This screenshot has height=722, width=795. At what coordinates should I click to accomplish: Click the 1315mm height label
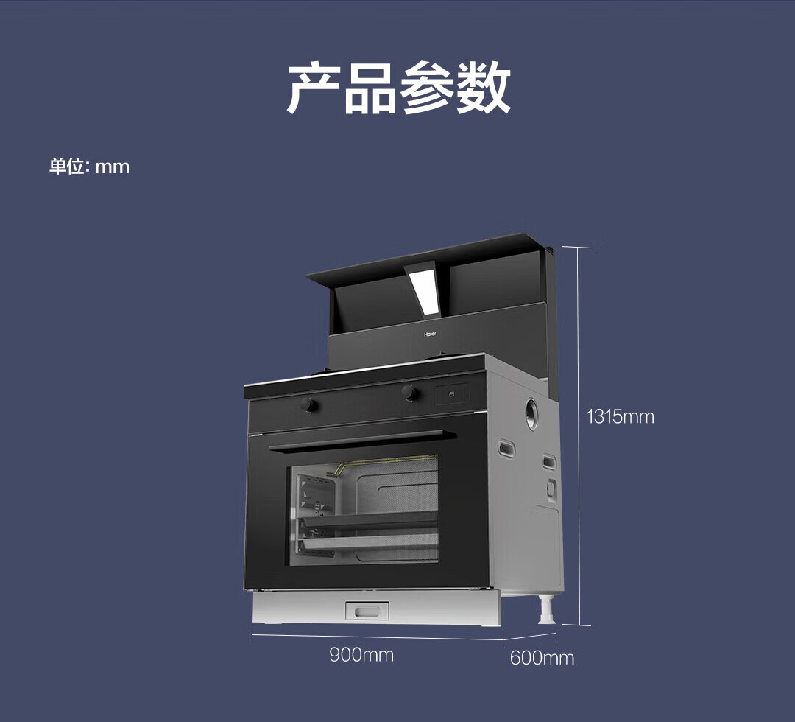click(619, 417)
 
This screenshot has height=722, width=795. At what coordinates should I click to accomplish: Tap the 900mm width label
click(361, 654)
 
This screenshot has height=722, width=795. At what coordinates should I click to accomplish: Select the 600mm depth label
click(542, 658)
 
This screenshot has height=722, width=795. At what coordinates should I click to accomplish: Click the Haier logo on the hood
click(430, 334)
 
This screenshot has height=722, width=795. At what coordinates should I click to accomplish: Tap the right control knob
click(410, 393)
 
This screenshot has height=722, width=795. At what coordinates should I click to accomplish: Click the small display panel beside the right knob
click(451, 394)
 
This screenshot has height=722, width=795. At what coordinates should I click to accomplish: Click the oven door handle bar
click(356, 440)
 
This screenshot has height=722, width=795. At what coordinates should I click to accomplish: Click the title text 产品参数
click(398, 88)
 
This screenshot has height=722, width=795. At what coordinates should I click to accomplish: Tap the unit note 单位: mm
click(89, 167)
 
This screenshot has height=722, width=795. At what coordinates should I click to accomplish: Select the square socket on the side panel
click(550, 488)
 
